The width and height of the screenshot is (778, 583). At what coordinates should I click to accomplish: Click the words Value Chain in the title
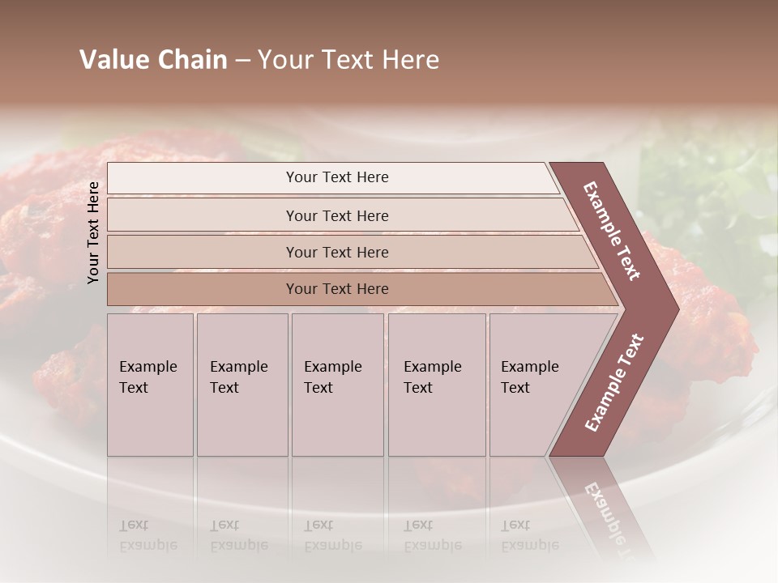[153, 60]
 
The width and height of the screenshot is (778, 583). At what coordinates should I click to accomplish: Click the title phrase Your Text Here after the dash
[348, 60]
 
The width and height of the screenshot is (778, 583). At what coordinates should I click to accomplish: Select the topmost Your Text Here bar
[337, 177]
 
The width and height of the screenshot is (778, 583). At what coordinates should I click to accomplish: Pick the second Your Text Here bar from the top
[337, 215]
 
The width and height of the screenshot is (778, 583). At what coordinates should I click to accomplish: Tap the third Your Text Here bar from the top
[337, 252]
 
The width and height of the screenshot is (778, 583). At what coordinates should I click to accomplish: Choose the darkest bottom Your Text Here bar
[337, 289]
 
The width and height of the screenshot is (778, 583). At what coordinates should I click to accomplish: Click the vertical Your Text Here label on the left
[93, 232]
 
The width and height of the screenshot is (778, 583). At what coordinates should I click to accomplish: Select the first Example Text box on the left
[150, 385]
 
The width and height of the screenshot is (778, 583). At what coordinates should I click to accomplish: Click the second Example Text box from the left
[242, 385]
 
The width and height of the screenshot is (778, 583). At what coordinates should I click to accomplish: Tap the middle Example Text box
[336, 385]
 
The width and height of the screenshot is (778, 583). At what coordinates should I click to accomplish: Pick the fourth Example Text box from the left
[436, 385]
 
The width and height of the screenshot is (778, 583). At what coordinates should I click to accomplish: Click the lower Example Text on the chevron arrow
[614, 383]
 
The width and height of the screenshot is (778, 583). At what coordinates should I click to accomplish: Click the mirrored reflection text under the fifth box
[529, 535]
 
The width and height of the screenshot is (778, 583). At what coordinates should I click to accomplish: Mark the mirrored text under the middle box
[332, 535]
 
